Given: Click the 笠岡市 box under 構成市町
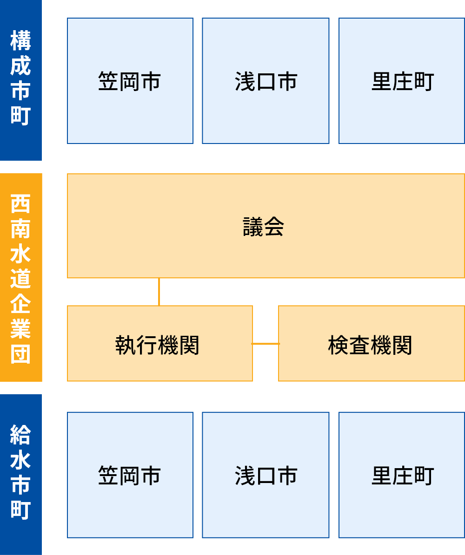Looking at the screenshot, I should (130, 81).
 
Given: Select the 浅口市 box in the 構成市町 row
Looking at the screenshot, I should (266, 81).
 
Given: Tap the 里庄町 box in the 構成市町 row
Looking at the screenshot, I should (402, 81).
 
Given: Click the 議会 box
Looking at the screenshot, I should (266, 226).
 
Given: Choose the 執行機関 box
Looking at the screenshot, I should (159, 343).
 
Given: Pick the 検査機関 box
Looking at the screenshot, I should (371, 343).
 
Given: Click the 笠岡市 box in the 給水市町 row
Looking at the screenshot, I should (130, 475).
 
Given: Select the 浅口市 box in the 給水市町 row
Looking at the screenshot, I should (266, 475).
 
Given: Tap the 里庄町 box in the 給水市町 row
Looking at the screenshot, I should (402, 475).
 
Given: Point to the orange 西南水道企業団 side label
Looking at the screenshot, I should (21, 277).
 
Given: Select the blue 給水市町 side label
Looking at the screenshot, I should (21, 474).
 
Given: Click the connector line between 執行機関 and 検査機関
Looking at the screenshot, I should (266, 344).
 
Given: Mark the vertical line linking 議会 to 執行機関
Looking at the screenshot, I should (159, 292).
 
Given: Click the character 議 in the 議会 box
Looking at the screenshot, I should (253, 227).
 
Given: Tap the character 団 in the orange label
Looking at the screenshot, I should (21, 353).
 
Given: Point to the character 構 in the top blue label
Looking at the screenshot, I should (21, 41).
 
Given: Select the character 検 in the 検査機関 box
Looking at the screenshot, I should (339, 346).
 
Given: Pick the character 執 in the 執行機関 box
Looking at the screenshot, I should (126, 346).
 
